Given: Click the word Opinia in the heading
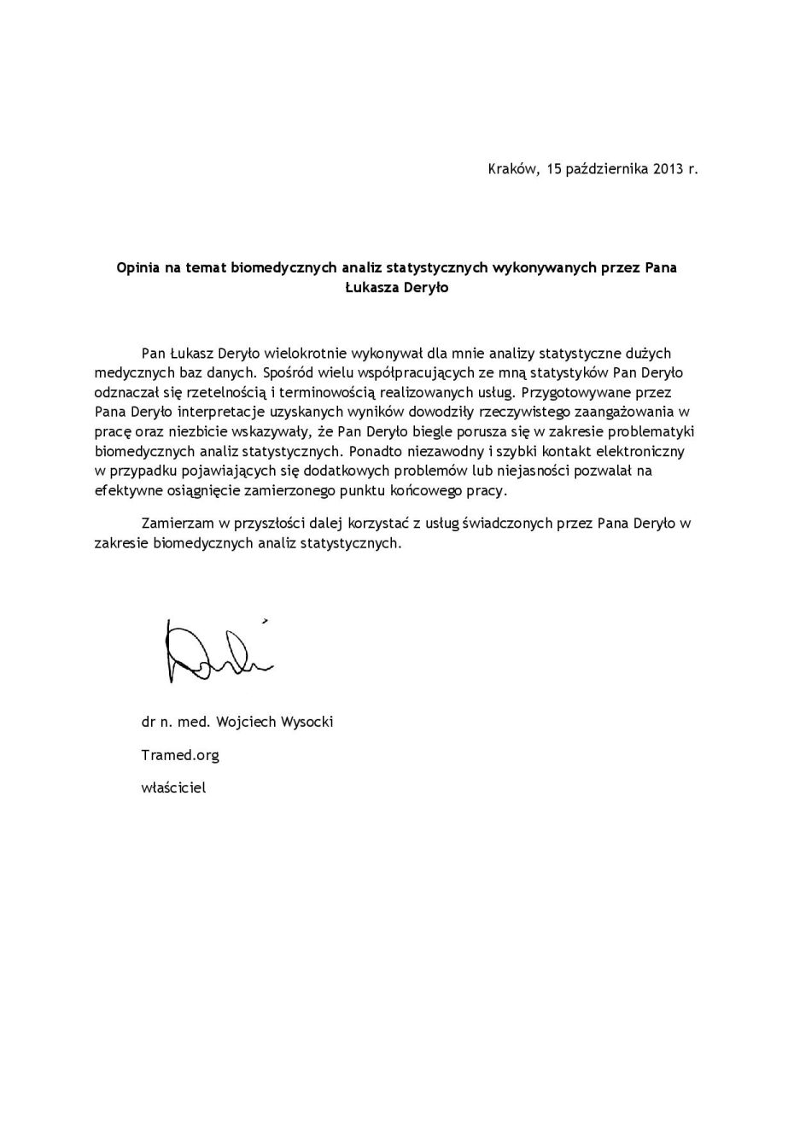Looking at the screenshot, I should click(x=138, y=268).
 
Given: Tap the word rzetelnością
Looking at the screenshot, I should click(x=221, y=392).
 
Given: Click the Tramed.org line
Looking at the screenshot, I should click(x=180, y=755).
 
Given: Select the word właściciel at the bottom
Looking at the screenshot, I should click(x=173, y=787).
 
